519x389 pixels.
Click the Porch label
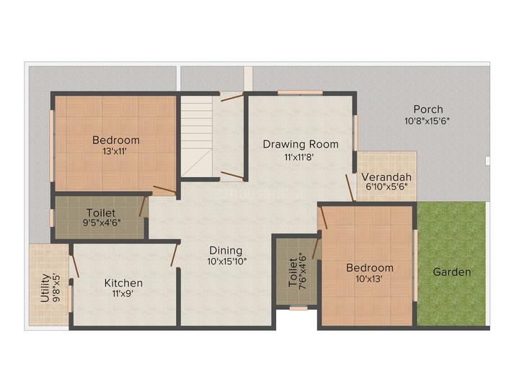tap(428, 109)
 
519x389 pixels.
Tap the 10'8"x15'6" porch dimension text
tap(427, 121)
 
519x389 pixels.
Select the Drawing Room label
tap(301, 144)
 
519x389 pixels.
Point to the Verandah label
tap(386, 177)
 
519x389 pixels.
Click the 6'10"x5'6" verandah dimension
tap(386, 187)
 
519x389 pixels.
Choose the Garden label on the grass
tap(452, 272)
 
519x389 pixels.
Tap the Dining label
tap(226, 251)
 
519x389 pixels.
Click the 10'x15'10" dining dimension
tap(227, 261)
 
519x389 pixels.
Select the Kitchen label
tap(123, 283)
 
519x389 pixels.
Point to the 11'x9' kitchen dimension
tap(123, 293)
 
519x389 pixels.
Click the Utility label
tap(45, 287)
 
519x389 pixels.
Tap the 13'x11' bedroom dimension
tap(115, 151)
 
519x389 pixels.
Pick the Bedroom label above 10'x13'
tap(370, 267)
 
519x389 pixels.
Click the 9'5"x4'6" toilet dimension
tap(102, 223)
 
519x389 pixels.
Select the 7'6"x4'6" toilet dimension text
tap(303, 272)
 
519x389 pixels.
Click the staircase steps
tap(196, 136)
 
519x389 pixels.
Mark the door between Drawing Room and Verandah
tap(350, 187)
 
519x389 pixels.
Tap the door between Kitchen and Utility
tap(75, 266)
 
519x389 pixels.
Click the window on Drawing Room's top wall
tap(300, 93)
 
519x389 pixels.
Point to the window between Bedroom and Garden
tap(415, 265)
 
